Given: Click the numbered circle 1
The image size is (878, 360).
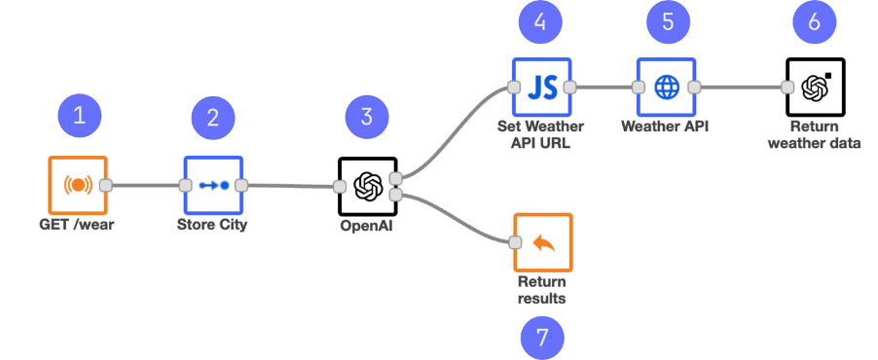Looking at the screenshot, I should point(80,117).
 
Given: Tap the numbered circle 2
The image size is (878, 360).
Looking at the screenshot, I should point(212,118).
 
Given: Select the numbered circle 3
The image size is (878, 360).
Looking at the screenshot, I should point(367,118).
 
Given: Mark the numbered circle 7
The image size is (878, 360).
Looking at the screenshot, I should point(542,338).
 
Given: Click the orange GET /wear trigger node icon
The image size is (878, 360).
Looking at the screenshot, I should point(78,185).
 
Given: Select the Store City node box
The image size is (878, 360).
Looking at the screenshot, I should point(212,185).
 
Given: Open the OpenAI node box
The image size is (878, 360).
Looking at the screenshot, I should point(367,186).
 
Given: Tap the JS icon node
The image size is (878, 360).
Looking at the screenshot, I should point(541,87).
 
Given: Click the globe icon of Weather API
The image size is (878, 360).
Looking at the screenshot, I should point(667,87).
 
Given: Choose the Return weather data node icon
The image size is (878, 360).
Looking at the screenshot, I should point(815,87).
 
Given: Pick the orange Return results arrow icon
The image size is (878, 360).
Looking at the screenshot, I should point(543,242).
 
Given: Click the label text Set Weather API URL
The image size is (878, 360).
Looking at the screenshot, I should point(541,135).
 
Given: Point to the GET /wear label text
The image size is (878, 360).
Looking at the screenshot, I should point(78,226).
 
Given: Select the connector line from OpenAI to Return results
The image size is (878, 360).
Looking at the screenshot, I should point(457,215).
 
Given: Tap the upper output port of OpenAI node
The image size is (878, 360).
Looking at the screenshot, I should point(395,178).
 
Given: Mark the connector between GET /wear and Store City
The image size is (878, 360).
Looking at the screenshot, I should point(146,185).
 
